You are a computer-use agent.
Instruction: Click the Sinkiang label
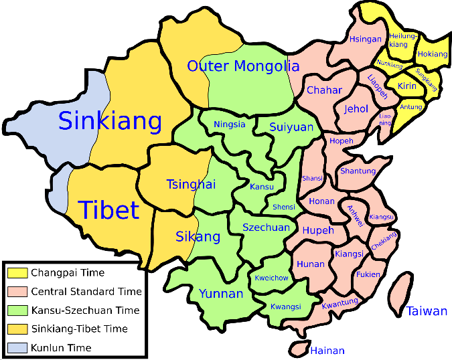coord(110,121)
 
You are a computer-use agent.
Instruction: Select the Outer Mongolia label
coord(243,66)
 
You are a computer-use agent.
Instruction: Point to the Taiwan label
coord(427,311)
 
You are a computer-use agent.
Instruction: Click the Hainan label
coord(327,351)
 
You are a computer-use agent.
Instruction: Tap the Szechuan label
coord(266,228)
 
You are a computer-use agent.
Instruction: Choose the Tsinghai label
coord(191,185)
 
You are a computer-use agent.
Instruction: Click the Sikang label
coord(198,236)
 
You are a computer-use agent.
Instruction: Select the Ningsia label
coord(230,124)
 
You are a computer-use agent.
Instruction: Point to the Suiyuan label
coord(291,126)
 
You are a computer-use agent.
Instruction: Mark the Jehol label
coord(356,108)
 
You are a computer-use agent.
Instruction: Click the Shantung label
coord(358,171)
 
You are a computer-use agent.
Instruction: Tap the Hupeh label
coord(318,230)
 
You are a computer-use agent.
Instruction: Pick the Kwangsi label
coord(286,306)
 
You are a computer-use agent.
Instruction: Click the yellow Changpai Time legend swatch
coord(17,273)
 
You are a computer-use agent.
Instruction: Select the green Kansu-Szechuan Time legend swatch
coord(17,310)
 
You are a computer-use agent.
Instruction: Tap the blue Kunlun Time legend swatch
coord(17,347)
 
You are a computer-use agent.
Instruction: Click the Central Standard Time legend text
coord(86,292)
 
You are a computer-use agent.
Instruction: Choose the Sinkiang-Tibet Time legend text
coord(79,329)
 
